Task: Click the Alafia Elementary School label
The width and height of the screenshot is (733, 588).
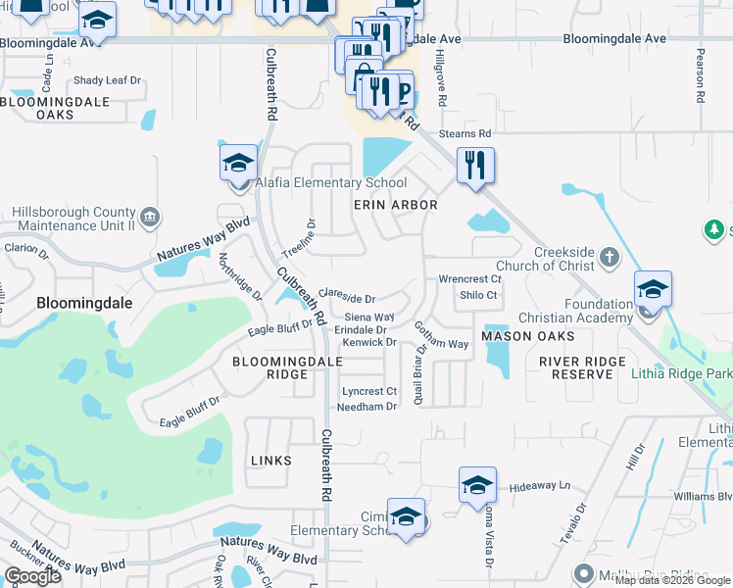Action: [x=331, y=182]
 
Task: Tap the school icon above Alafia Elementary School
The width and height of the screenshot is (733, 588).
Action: [x=238, y=164]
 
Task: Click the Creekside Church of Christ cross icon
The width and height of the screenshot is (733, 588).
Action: [x=610, y=258]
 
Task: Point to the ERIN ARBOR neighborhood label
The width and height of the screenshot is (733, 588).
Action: [x=395, y=205]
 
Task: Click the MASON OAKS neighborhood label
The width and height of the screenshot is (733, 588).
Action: [x=520, y=336]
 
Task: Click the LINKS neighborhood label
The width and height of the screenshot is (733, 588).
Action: [x=271, y=460]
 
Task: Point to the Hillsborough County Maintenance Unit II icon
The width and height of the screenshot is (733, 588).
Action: [x=150, y=217]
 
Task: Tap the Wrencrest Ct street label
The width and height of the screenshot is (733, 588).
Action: [x=469, y=279]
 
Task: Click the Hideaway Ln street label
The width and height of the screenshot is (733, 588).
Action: [x=538, y=486]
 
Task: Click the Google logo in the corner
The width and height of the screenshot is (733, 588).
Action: [x=32, y=576]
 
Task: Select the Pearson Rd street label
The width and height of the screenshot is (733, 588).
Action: [x=701, y=76]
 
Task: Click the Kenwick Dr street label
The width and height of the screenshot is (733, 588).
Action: [x=368, y=342]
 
